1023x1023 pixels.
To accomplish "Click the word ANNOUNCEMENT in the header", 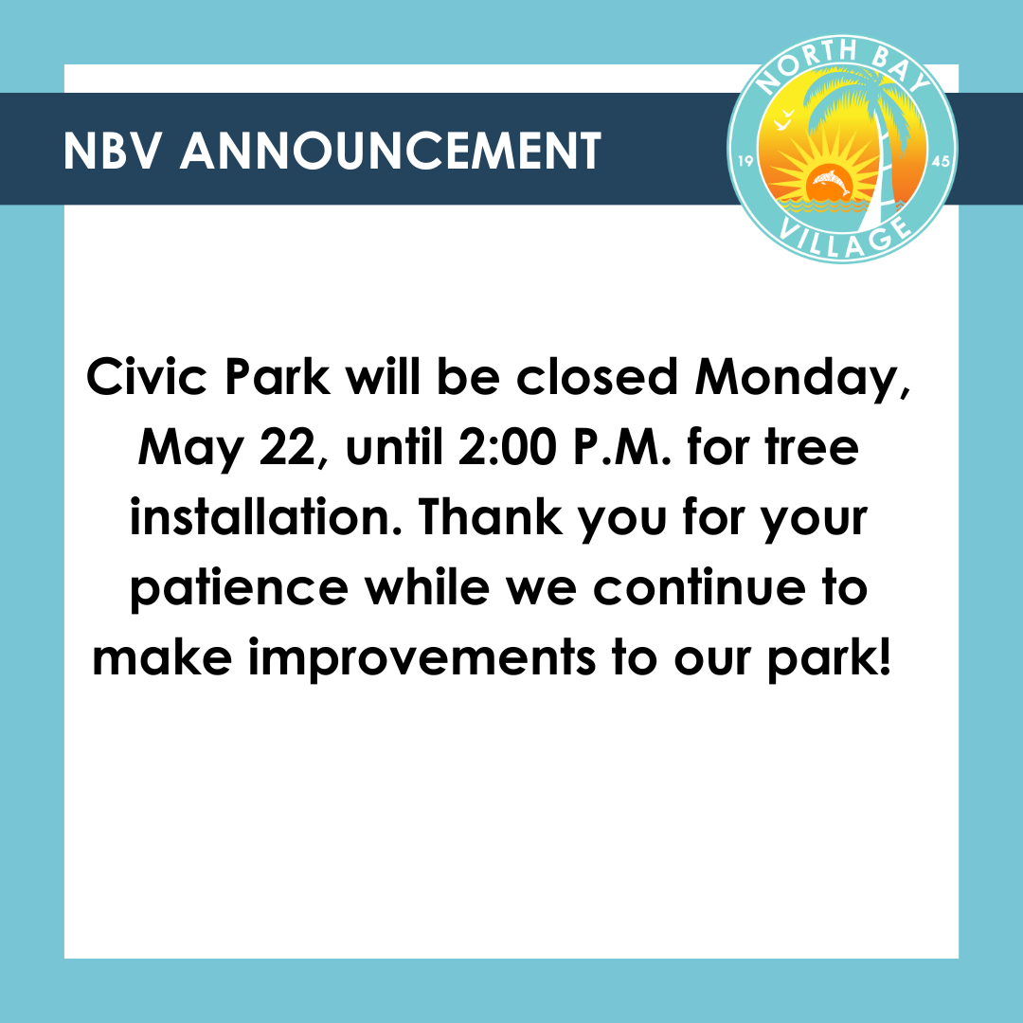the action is pos(390,151).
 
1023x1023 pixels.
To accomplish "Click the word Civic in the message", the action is pos(147,377).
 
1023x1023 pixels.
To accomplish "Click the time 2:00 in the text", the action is pos(508,447).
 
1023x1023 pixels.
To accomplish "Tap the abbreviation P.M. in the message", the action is pos(621,447).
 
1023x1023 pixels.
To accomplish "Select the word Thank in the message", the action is pos(491,517).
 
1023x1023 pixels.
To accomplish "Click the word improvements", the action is pos(422,659).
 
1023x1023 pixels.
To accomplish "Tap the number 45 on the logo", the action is pos(941,161).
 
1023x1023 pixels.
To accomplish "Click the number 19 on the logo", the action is pos(745,161).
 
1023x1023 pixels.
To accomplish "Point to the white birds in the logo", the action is pos(784,120).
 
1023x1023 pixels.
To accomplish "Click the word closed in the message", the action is pos(597,377).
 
